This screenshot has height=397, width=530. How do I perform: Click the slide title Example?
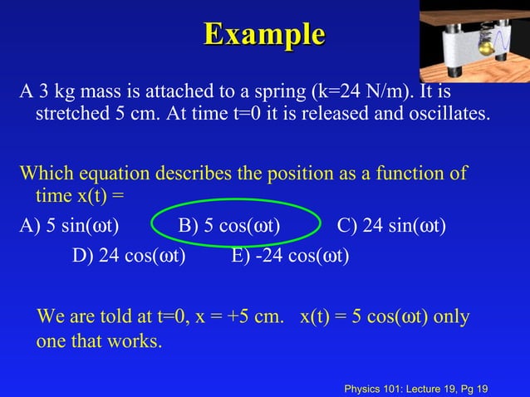point(264,35)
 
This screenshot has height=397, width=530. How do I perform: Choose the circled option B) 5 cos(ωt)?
point(229,226)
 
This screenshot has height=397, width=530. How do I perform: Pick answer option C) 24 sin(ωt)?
point(391,226)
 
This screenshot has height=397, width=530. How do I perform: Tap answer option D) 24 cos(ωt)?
point(129,255)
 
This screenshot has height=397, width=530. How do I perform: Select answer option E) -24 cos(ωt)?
point(291,255)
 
